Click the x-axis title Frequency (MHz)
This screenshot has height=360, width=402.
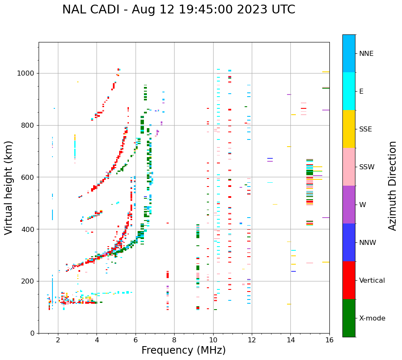click(183, 350)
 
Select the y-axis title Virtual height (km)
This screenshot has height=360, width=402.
click(9, 187)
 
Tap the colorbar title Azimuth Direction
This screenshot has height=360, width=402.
click(392, 186)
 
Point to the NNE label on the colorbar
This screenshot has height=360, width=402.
click(366, 54)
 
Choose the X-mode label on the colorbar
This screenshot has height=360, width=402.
click(372, 318)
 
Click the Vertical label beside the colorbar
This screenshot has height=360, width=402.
click(372, 281)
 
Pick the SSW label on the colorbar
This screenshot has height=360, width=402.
click(367, 167)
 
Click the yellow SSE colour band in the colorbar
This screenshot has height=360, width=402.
click(349, 129)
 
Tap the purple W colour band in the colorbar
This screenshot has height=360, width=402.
click(349, 205)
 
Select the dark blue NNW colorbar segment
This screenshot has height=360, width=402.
click(349, 242)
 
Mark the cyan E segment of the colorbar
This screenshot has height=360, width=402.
click(349, 91)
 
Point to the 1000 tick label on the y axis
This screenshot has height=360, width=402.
click(26, 74)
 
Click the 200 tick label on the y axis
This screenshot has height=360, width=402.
click(28, 281)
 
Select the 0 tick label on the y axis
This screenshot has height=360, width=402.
click(32, 333)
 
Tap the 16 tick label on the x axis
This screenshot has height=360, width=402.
click(329, 340)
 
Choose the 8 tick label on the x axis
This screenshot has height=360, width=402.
click(174, 340)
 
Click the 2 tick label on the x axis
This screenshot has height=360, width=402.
click(58, 340)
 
